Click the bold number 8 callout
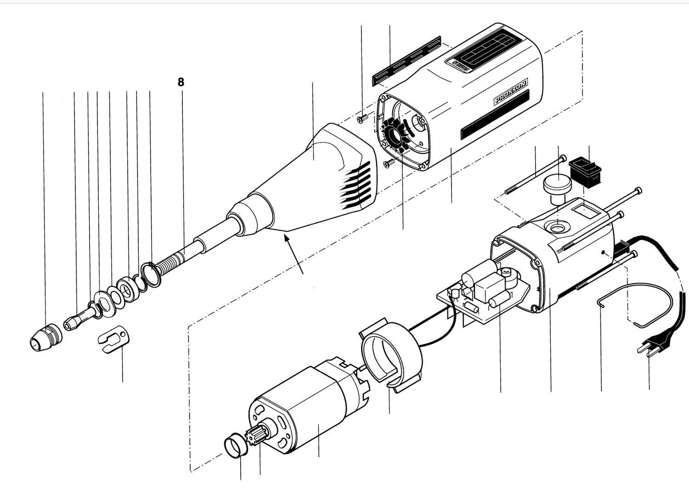tap(181, 82)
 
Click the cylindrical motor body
tap(303, 414)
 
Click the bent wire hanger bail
tap(638, 303)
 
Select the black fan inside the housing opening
tap(395, 135)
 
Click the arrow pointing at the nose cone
tap(294, 253)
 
